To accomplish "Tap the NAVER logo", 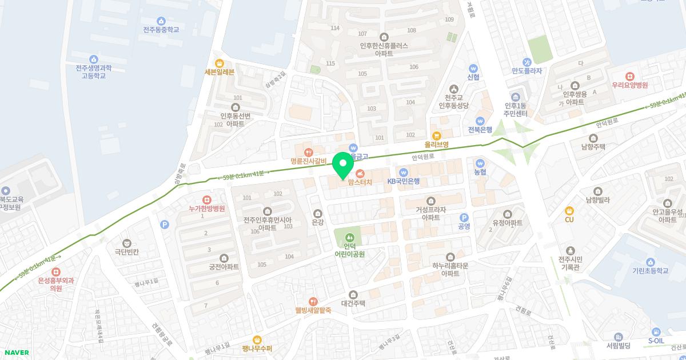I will [15, 353].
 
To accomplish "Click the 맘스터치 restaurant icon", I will [360, 173].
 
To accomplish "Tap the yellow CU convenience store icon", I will [569, 210].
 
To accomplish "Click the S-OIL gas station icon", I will [656, 332].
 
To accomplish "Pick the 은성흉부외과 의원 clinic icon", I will [56, 272].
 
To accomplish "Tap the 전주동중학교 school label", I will [161, 29].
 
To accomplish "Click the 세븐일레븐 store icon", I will [219, 63].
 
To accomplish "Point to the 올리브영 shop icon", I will [437, 135].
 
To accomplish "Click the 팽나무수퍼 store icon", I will [257, 339].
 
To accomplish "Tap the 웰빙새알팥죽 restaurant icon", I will [313, 301].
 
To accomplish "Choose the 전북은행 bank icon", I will [480, 121].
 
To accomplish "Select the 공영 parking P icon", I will [464, 217].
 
